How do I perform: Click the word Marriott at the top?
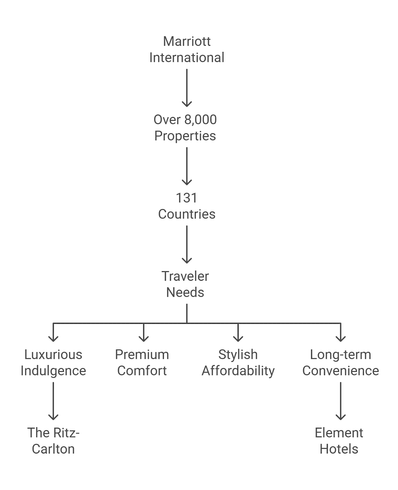pyautogui.click(x=187, y=42)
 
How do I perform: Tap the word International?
pyautogui.click(x=187, y=58)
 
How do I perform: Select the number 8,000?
pyautogui.click(x=201, y=120)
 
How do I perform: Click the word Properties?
pyautogui.click(x=185, y=136)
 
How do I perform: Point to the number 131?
pyautogui.click(x=186, y=198)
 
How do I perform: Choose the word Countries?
pyautogui.click(x=187, y=214)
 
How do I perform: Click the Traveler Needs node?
pyautogui.click(x=185, y=284)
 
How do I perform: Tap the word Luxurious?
pyautogui.click(x=53, y=354)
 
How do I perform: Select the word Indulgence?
pyautogui.click(x=53, y=371)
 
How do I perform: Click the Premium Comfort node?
pyautogui.click(x=142, y=363)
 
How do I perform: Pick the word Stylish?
pyautogui.click(x=238, y=355)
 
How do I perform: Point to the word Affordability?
pyautogui.click(x=238, y=371)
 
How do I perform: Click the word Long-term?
pyautogui.click(x=341, y=355)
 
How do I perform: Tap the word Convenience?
pyautogui.click(x=341, y=371)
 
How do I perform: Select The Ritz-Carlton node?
pyautogui.click(x=53, y=441)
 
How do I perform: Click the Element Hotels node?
pyautogui.click(x=339, y=441)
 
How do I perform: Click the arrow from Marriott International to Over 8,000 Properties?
pyautogui.click(x=187, y=88)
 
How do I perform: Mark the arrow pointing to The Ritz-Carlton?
pyautogui.click(x=53, y=401)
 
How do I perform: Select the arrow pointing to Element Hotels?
pyautogui.click(x=341, y=401)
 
